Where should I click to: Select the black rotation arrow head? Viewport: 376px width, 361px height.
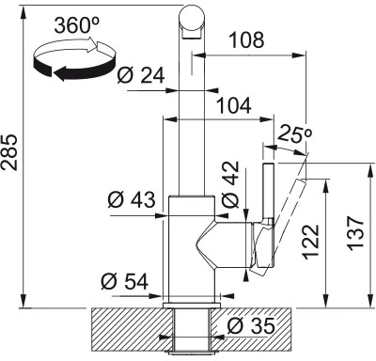click(x=64, y=73)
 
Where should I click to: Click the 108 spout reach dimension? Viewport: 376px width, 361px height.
click(x=247, y=40)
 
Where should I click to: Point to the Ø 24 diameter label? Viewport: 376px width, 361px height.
click(x=141, y=75)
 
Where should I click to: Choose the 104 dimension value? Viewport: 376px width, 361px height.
click(x=234, y=105)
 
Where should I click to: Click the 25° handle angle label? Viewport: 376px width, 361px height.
click(x=294, y=133)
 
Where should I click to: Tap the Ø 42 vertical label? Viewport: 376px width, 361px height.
click(x=230, y=184)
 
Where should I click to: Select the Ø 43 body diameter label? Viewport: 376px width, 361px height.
click(x=132, y=199)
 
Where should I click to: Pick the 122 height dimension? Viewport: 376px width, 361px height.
click(x=310, y=242)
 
